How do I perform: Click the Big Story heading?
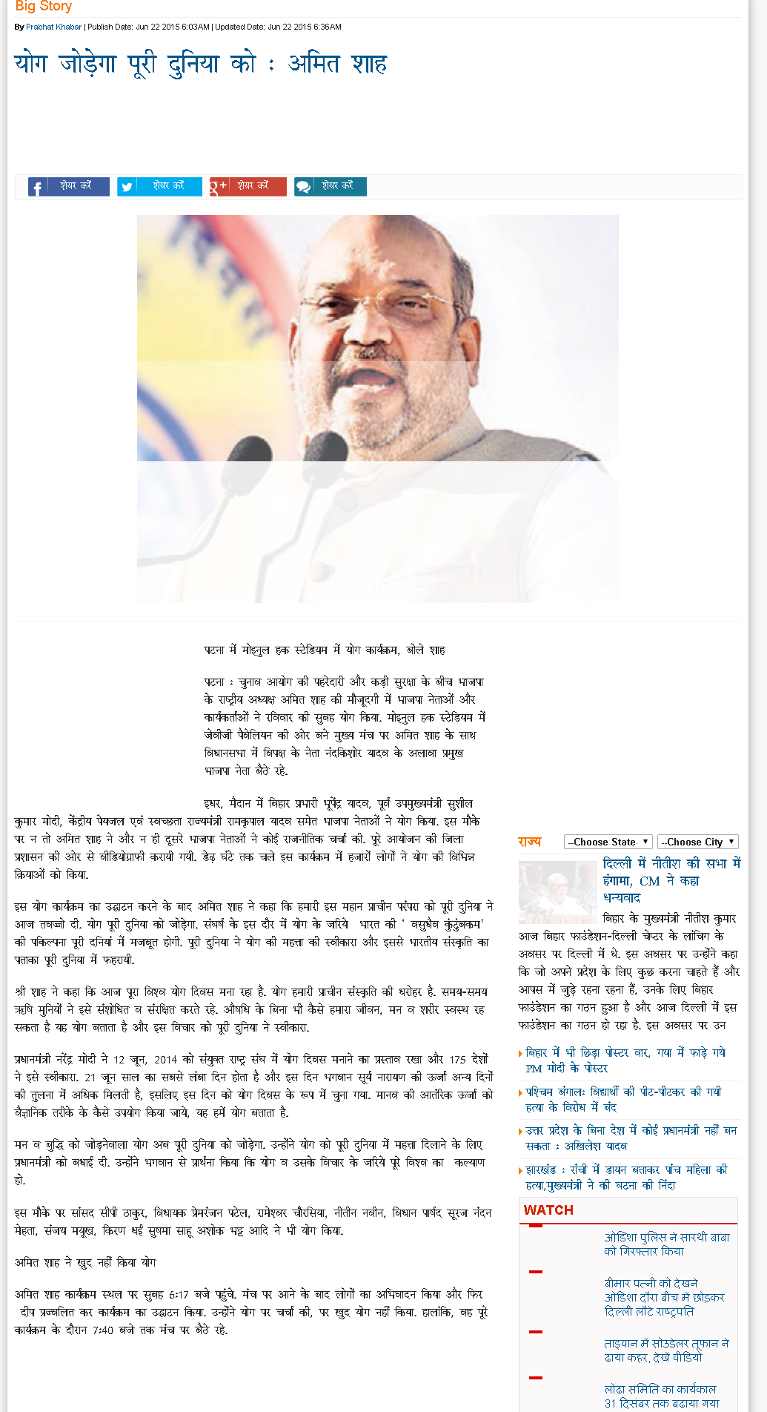pyautogui.click(x=43, y=7)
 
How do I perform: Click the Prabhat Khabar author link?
pyautogui.click(x=53, y=27)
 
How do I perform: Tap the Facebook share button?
pyautogui.click(x=69, y=186)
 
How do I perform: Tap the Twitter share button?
pyautogui.click(x=159, y=186)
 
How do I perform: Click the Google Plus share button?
pyautogui.click(x=248, y=186)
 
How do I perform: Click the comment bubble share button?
pyautogui.click(x=330, y=186)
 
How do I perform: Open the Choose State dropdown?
pyautogui.click(x=608, y=842)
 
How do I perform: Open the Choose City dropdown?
pyautogui.click(x=697, y=842)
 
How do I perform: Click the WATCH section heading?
pyautogui.click(x=548, y=1210)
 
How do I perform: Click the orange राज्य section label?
pyautogui.click(x=530, y=842)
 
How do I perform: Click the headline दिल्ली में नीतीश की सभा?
pyautogui.click(x=671, y=880)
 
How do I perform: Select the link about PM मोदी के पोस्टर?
pyautogui.click(x=625, y=1060)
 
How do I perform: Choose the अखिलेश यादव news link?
pyautogui.click(x=630, y=1138)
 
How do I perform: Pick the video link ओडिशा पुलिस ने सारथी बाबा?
pyautogui.click(x=666, y=1244)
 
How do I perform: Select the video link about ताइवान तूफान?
pyautogui.click(x=666, y=1350)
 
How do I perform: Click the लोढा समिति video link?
pyautogui.click(x=661, y=1396)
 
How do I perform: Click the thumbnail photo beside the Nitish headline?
pyautogui.click(x=557, y=892)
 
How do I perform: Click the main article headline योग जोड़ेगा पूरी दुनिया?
pyautogui.click(x=200, y=64)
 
